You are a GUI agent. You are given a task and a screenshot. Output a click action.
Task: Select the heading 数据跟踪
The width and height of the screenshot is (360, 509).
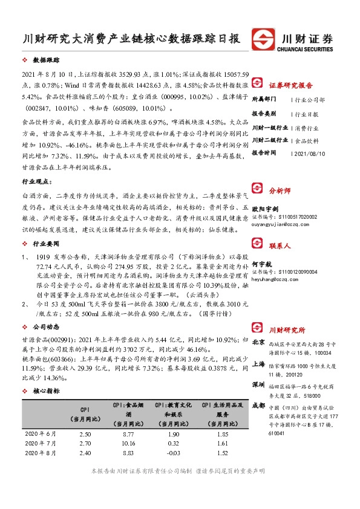click(46, 61)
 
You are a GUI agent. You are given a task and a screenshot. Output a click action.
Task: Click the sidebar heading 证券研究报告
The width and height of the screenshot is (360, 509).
click(290, 85)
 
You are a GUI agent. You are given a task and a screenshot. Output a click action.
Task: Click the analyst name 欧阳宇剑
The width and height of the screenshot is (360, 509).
click(265, 208)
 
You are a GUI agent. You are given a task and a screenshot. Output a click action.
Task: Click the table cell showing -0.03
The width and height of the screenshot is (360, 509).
click(173, 452)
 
